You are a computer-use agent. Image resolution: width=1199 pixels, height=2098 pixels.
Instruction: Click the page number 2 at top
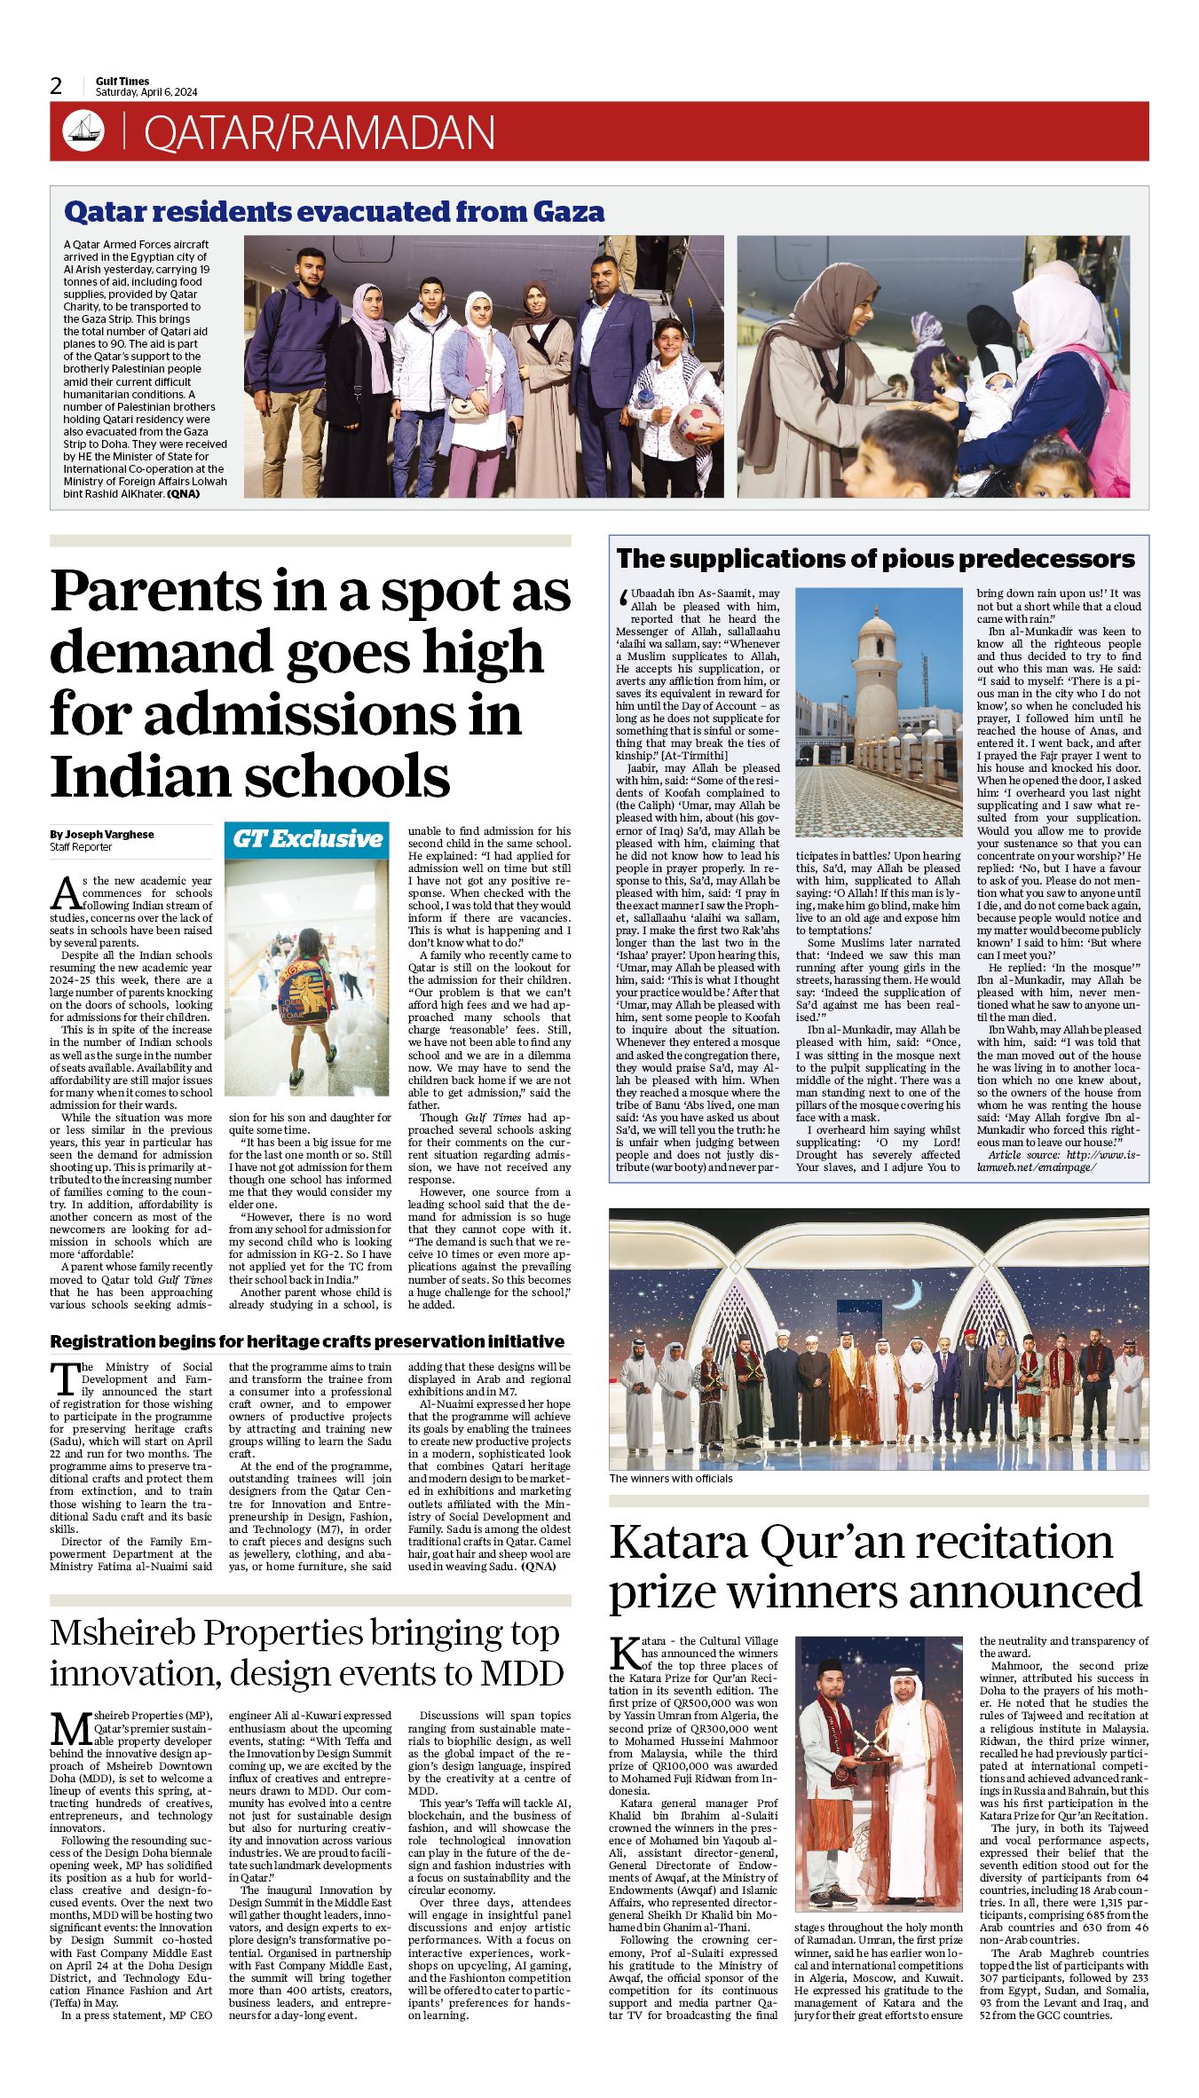pyautogui.click(x=57, y=86)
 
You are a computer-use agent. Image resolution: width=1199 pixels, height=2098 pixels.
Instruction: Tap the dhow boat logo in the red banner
pyautogui.click(x=83, y=131)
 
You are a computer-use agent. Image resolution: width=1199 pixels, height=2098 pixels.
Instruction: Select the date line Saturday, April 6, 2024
pyautogui.click(x=146, y=92)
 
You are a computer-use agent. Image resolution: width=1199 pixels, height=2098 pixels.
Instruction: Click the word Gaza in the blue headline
pyautogui.click(x=568, y=212)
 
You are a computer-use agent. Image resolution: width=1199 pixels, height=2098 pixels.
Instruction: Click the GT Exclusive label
pyautogui.click(x=307, y=838)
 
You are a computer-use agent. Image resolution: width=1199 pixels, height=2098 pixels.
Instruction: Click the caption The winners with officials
pyautogui.click(x=671, y=1478)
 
